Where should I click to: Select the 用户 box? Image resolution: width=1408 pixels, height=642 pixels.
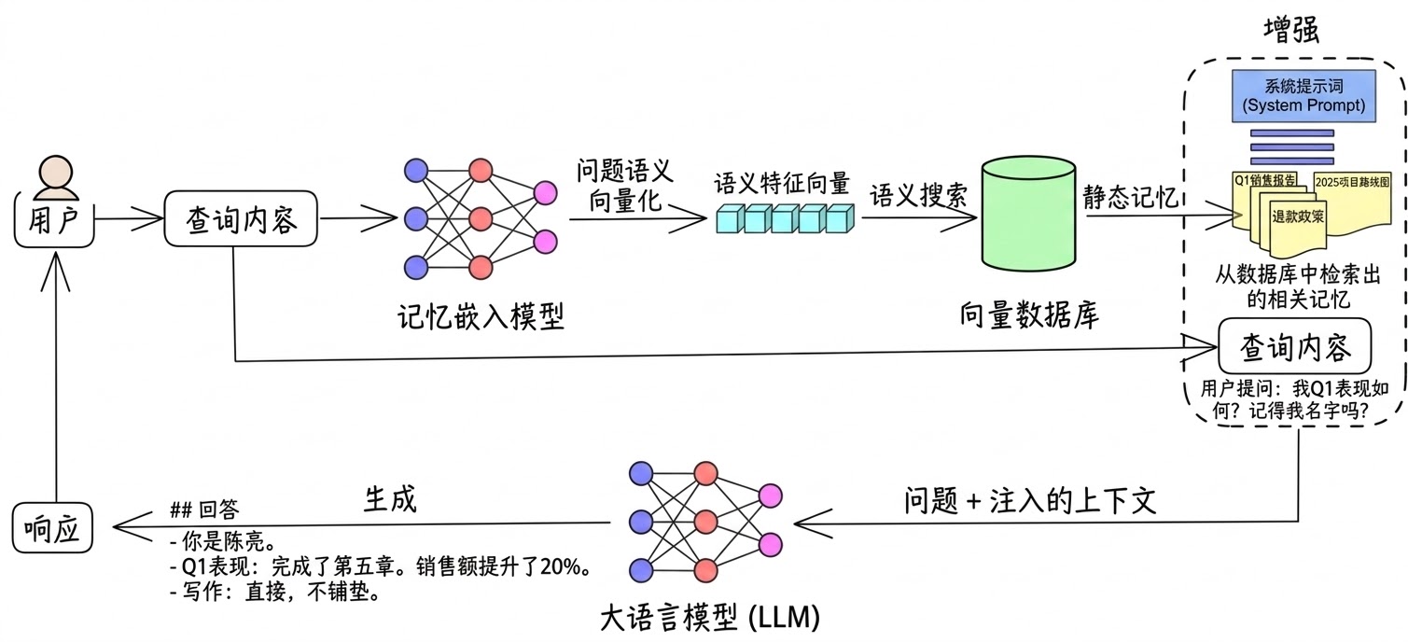(x=55, y=220)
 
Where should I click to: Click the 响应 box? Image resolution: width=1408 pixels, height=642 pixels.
(x=55, y=531)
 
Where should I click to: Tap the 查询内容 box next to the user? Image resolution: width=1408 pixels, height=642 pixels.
(x=242, y=220)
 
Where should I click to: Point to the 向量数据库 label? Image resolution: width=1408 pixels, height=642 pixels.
(x=1029, y=315)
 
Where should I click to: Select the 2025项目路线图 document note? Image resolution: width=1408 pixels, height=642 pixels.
(x=1351, y=181)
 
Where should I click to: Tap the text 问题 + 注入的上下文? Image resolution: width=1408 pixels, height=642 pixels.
(x=1030, y=501)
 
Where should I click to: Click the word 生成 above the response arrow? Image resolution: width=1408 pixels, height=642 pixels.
(x=389, y=500)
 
